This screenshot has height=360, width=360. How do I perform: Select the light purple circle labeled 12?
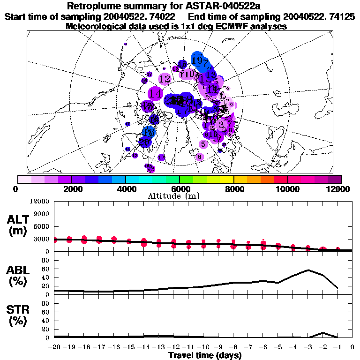click(165, 79)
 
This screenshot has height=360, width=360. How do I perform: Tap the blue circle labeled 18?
click(149, 132)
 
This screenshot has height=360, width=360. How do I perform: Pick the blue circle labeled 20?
click(145, 141)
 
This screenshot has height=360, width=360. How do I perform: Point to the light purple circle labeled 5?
click(203, 144)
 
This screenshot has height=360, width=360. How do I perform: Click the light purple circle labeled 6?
click(200, 156)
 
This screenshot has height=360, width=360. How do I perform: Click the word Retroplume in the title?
click(93, 6)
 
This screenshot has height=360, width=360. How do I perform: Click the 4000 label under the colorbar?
click(126, 188)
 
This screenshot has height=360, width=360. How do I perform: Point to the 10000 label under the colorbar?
click(287, 188)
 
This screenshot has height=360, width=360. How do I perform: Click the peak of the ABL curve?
click(308, 270)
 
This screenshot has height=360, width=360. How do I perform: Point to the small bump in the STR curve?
click(323, 333)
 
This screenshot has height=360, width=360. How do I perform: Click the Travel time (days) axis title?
click(204, 355)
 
